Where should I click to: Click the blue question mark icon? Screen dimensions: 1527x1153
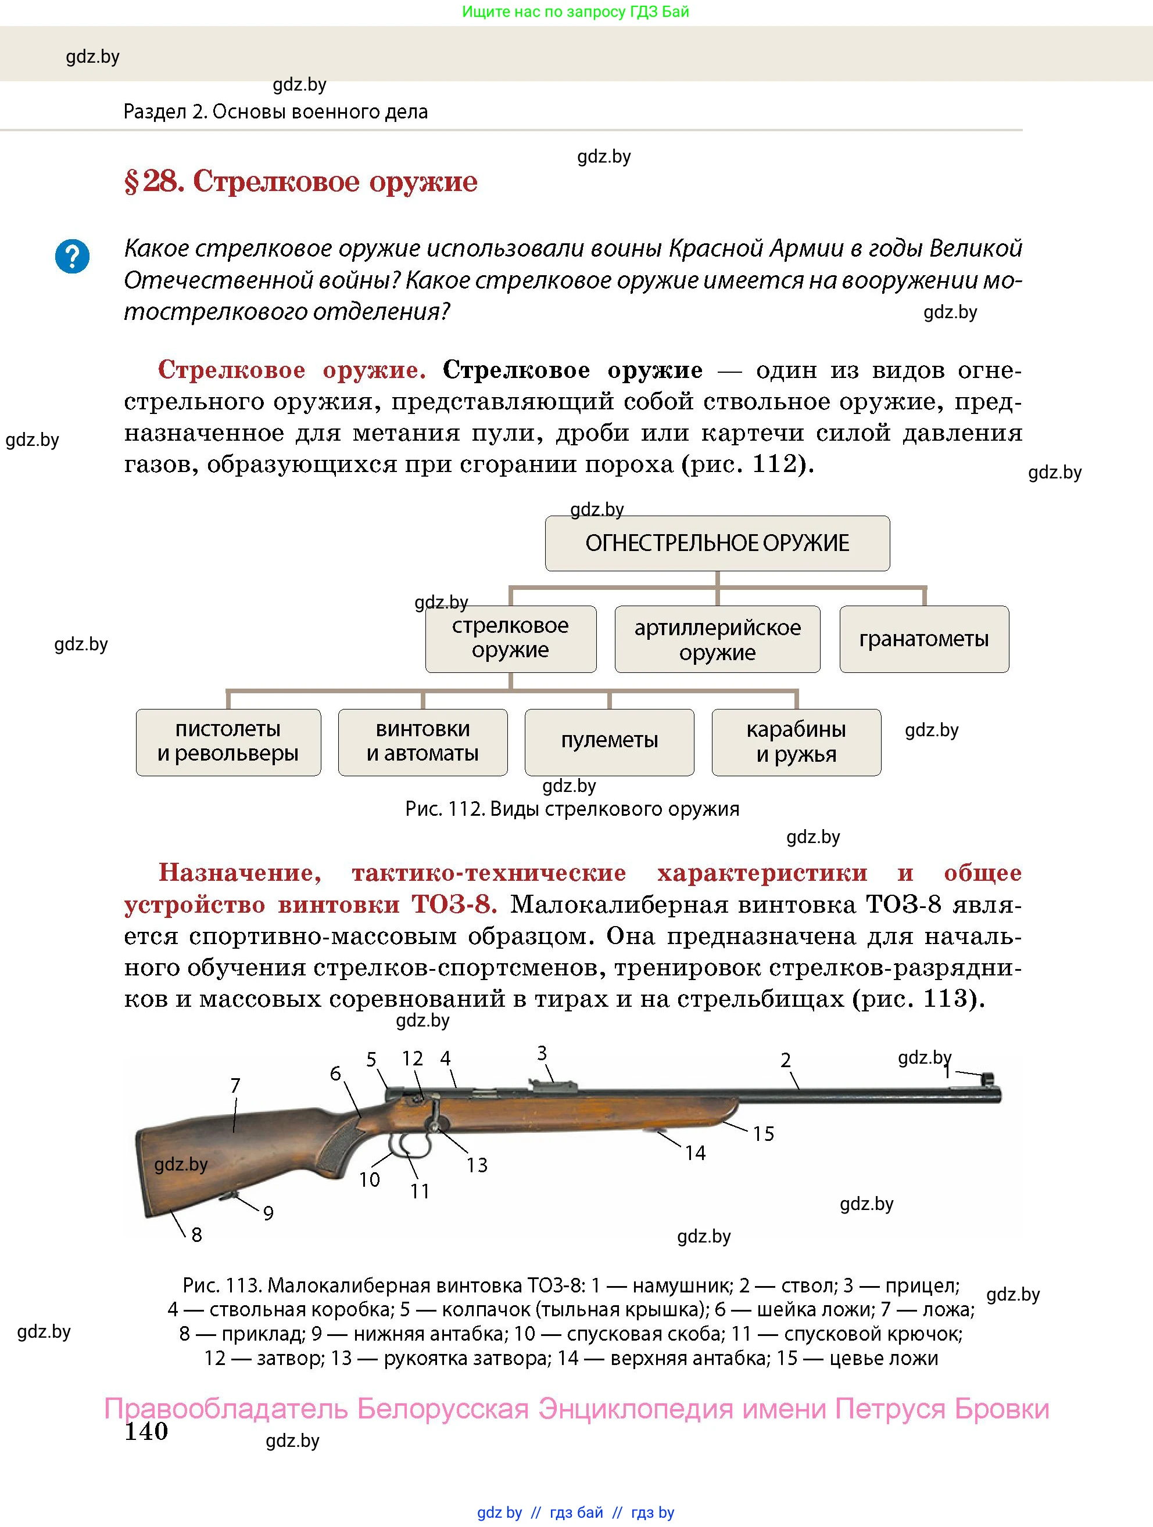[x=72, y=256]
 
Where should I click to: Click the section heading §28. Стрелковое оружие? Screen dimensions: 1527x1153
[x=300, y=182]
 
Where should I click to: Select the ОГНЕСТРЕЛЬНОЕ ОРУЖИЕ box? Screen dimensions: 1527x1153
[x=717, y=543]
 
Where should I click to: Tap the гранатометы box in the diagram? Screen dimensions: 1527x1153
[x=923, y=639]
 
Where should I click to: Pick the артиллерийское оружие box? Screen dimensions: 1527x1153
[x=717, y=639]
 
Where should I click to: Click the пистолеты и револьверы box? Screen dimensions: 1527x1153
[x=228, y=742]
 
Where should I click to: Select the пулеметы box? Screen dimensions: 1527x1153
[x=608, y=742]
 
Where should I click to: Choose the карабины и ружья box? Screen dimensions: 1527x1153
[x=796, y=742]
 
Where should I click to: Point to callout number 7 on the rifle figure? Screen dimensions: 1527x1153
[x=235, y=1086]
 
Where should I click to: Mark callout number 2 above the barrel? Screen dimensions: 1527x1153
[x=786, y=1060]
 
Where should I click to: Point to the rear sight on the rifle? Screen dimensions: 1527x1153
[x=553, y=1085]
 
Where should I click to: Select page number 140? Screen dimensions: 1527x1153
[x=146, y=1431]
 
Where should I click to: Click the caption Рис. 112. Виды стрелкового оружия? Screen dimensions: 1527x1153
[x=572, y=809]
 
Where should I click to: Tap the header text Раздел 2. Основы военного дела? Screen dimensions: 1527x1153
[x=275, y=112]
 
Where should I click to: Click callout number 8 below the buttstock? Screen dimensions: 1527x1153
[x=196, y=1235]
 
